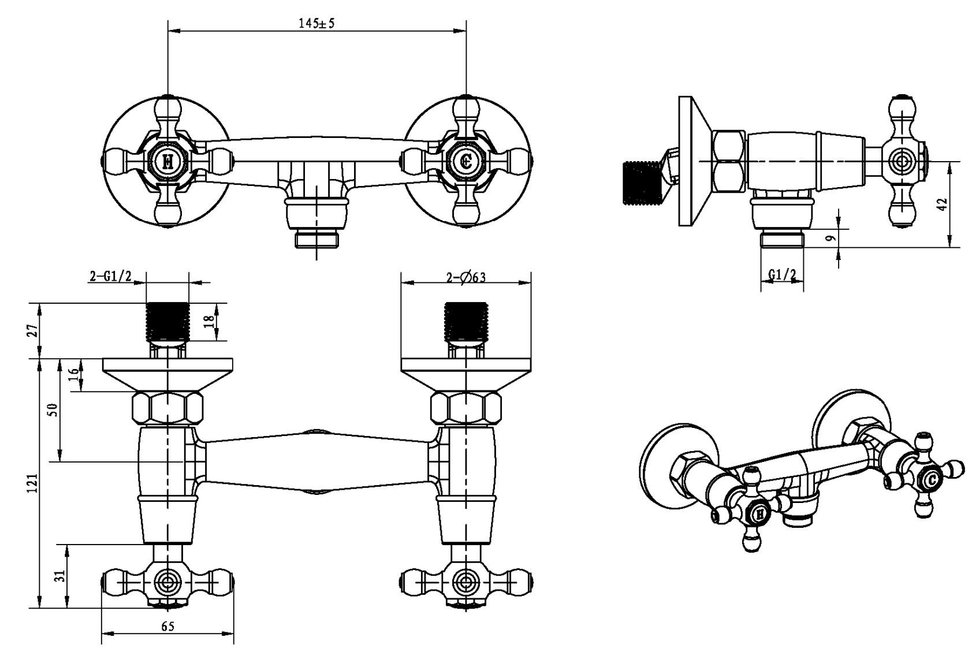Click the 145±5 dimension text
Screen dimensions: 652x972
pyautogui.click(x=316, y=24)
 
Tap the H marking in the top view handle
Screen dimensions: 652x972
pyautogui.click(x=168, y=161)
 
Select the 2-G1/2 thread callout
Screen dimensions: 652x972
pyautogui.click(x=110, y=277)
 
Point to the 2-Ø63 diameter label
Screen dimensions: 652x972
pyautogui.click(x=465, y=278)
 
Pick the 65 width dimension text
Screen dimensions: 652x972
pyautogui.click(x=167, y=627)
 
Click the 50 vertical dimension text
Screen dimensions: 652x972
pyautogui.click(x=53, y=410)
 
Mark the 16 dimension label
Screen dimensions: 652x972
pyautogui.click(x=73, y=374)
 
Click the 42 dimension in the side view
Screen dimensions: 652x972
pyautogui.click(x=942, y=204)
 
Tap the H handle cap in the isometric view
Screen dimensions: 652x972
pyautogui.click(x=759, y=512)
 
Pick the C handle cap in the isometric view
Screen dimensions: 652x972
pyautogui.click(x=931, y=479)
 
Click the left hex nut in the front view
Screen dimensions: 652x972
pyautogui.click(x=167, y=408)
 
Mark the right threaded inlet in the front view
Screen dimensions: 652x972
pyautogui.click(x=466, y=321)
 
